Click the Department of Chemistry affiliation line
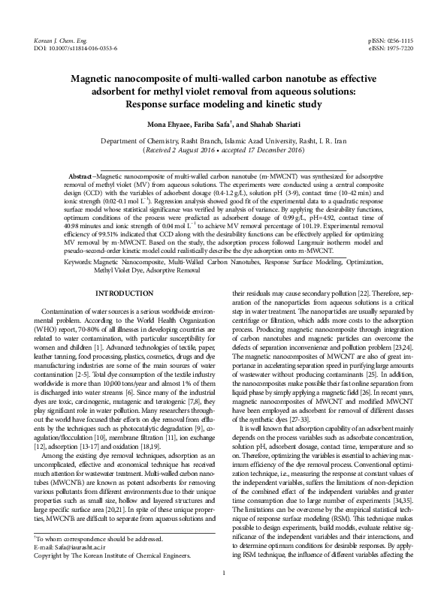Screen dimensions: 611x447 tap(223, 140)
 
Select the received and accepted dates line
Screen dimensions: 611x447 tap(223, 150)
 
